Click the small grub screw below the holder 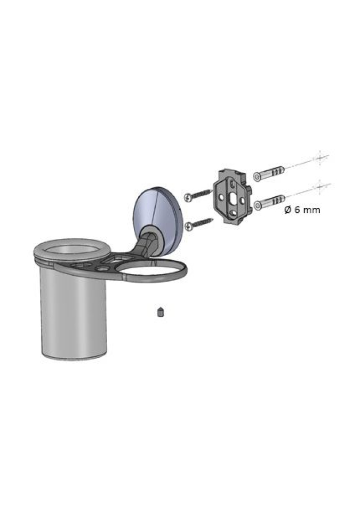(x=161, y=312)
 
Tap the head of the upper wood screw (x=188, y=197)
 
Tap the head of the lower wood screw (x=188, y=226)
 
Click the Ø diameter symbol (x=287, y=210)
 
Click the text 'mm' (x=312, y=210)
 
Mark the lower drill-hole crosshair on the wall (x=321, y=187)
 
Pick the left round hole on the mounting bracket (x=222, y=197)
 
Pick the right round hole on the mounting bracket (x=242, y=199)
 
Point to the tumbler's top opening (x=72, y=250)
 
